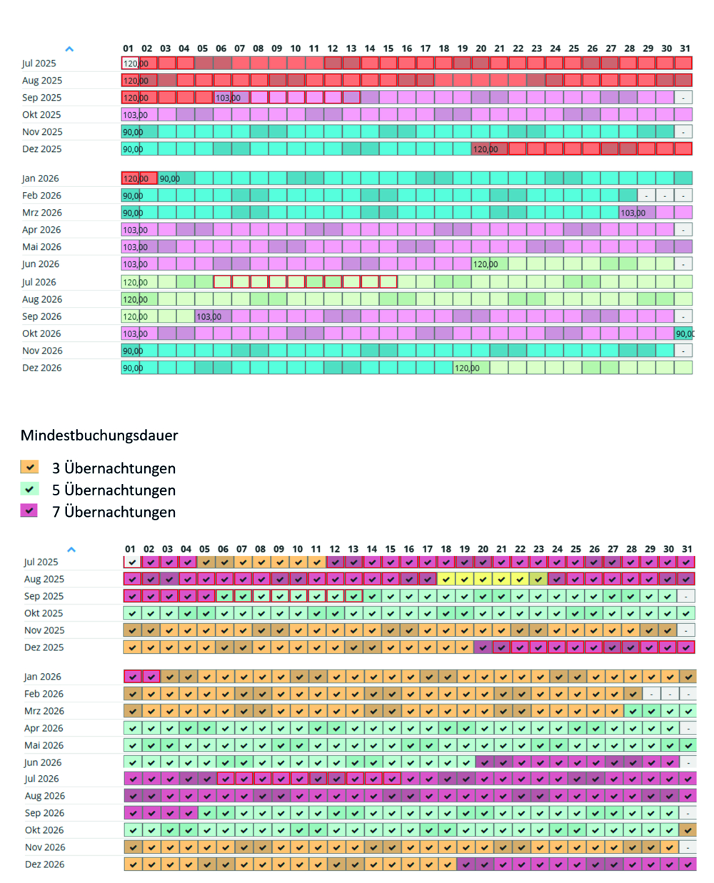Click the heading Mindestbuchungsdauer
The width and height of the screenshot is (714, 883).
(x=99, y=435)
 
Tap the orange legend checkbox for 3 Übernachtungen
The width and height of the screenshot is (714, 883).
(x=29, y=468)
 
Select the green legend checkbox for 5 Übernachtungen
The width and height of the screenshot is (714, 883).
(x=29, y=490)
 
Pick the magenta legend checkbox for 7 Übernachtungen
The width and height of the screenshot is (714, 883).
(x=29, y=511)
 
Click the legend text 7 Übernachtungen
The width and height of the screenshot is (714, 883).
(x=114, y=512)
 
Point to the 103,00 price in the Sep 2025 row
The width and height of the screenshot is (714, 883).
(x=228, y=98)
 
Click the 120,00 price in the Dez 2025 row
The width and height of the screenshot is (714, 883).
(x=486, y=149)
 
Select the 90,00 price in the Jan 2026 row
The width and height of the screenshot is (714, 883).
(x=170, y=178)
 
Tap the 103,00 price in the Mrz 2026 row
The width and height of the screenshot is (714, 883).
(x=633, y=213)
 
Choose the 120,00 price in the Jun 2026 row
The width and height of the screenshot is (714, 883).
(x=486, y=264)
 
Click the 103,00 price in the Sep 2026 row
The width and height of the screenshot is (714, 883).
(x=209, y=316)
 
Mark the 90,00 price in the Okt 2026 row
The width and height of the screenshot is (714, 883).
(x=684, y=333)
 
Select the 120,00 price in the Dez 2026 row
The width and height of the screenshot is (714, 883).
(x=467, y=368)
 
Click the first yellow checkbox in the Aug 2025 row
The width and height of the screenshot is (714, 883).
(x=446, y=579)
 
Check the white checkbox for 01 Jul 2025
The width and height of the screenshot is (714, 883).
(x=132, y=562)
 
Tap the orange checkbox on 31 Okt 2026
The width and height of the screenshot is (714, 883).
(x=688, y=830)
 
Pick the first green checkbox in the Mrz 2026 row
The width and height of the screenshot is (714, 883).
(x=633, y=711)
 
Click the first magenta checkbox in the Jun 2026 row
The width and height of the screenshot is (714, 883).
(x=484, y=762)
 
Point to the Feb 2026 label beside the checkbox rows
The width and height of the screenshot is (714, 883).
(x=44, y=694)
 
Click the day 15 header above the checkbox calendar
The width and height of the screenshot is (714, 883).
(x=390, y=549)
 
